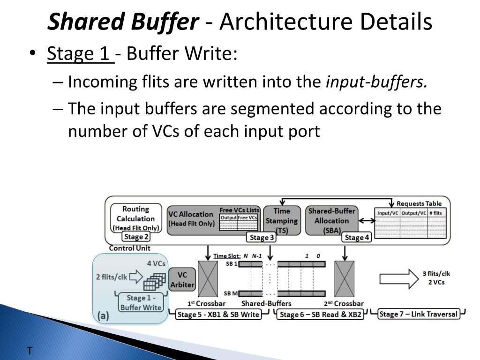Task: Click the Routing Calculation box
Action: click(x=135, y=218)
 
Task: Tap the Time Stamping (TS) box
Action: click(x=281, y=220)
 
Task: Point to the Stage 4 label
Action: click(x=357, y=238)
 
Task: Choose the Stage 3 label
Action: click(x=262, y=238)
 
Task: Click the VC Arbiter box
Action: click(x=182, y=279)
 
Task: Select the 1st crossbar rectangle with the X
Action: click(x=208, y=279)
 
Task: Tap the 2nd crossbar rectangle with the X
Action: click(x=345, y=279)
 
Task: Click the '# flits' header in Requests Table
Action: click(x=435, y=213)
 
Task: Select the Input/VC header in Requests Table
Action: click(x=388, y=213)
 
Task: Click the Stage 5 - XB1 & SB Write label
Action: click(x=218, y=315)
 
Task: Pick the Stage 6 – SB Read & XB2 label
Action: click(x=321, y=315)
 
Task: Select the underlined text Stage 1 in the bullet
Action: click(x=78, y=54)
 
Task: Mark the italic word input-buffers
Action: click(x=376, y=82)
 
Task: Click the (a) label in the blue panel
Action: click(x=104, y=316)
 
